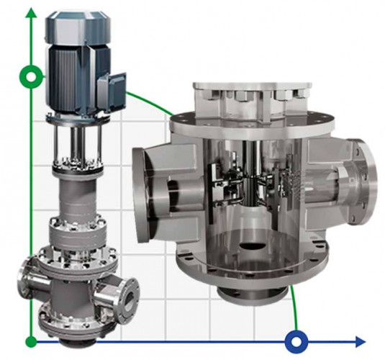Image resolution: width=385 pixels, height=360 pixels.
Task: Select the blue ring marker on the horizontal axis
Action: tap(296, 339)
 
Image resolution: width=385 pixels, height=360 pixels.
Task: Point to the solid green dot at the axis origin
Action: tap(30, 339)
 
